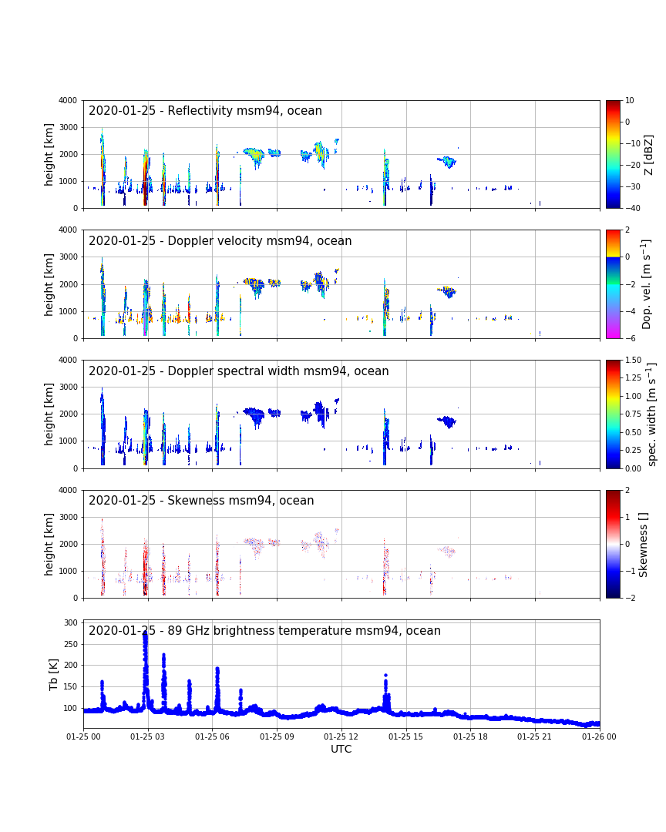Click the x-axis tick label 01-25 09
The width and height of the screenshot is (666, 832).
tap(277, 736)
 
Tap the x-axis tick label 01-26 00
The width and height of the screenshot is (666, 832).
tap(599, 736)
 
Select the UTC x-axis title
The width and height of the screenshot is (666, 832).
tap(341, 749)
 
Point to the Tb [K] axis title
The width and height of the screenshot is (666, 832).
tap(53, 674)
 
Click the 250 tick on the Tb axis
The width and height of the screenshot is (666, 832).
tap(71, 644)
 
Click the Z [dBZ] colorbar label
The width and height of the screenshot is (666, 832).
tap(648, 154)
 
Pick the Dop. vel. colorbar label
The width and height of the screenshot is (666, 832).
tap(646, 284)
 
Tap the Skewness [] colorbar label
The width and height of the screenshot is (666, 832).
tap(643, 545)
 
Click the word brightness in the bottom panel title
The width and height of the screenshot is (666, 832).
tap(244, 630)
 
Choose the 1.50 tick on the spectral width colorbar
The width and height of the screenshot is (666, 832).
tap(633, 360)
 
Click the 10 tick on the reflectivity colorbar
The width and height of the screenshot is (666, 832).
tap(629, 100)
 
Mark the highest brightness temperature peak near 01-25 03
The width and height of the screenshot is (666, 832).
tap(145, 633)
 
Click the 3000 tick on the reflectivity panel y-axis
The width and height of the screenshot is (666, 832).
tap(68, 127)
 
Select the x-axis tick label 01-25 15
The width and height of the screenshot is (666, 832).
tap(405, 736)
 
